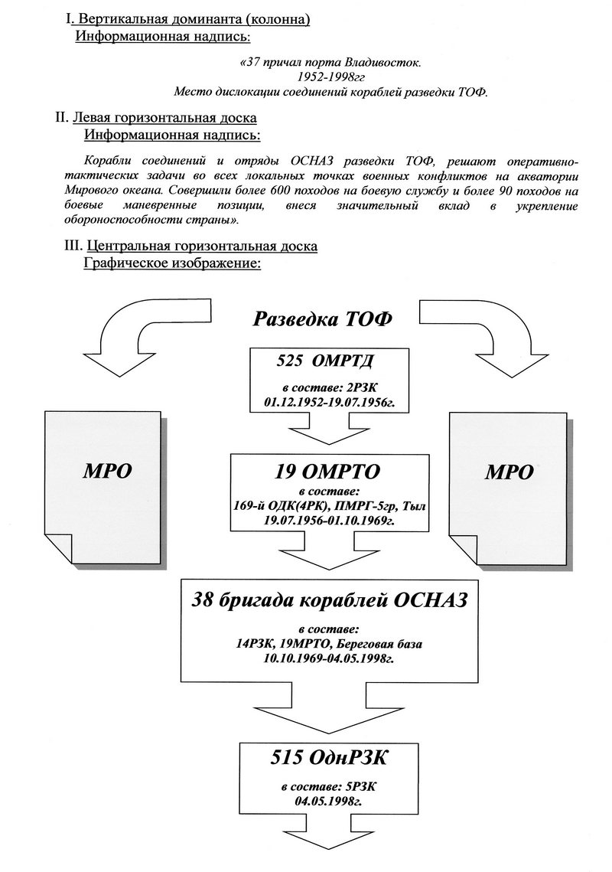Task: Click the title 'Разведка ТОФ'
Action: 322,318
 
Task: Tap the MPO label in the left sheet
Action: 107,471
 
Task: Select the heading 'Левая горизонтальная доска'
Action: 164,118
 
